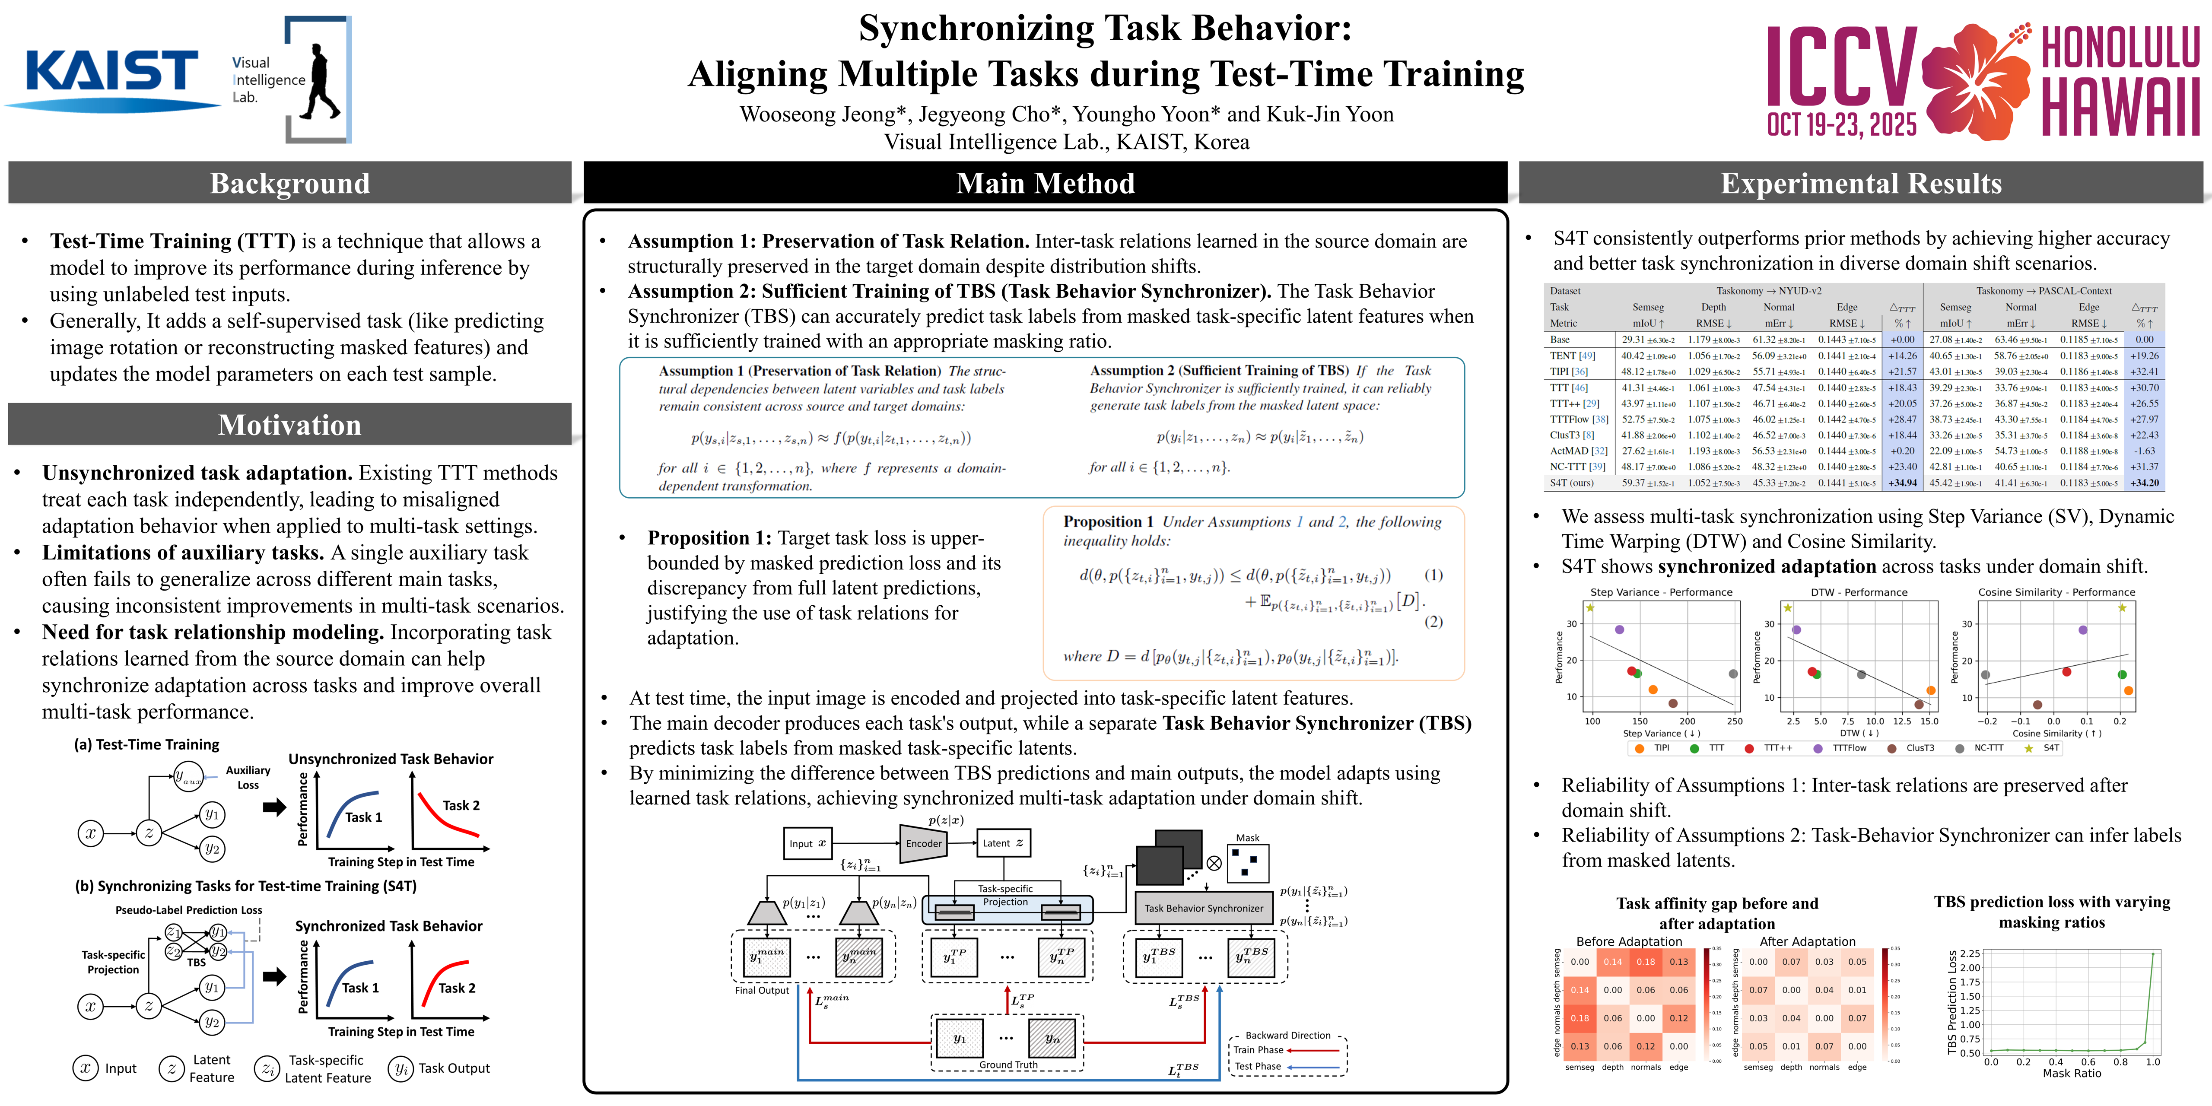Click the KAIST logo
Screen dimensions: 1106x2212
[x=111, y=73]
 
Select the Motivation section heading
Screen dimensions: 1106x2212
[x=289, y=425]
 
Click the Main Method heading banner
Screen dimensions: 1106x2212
[x=1045, y=183]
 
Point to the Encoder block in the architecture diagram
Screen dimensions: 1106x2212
[x=923, y=843]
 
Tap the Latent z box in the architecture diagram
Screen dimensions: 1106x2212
[x=1002, y=843]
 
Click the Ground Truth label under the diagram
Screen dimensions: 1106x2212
[x=1008, y=1065]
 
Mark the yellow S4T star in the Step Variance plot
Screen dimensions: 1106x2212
[x=1590, y=608]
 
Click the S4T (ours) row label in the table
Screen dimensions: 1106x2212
[x=1571, y=483]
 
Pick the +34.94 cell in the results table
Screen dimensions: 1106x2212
[x=1903, y=483]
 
